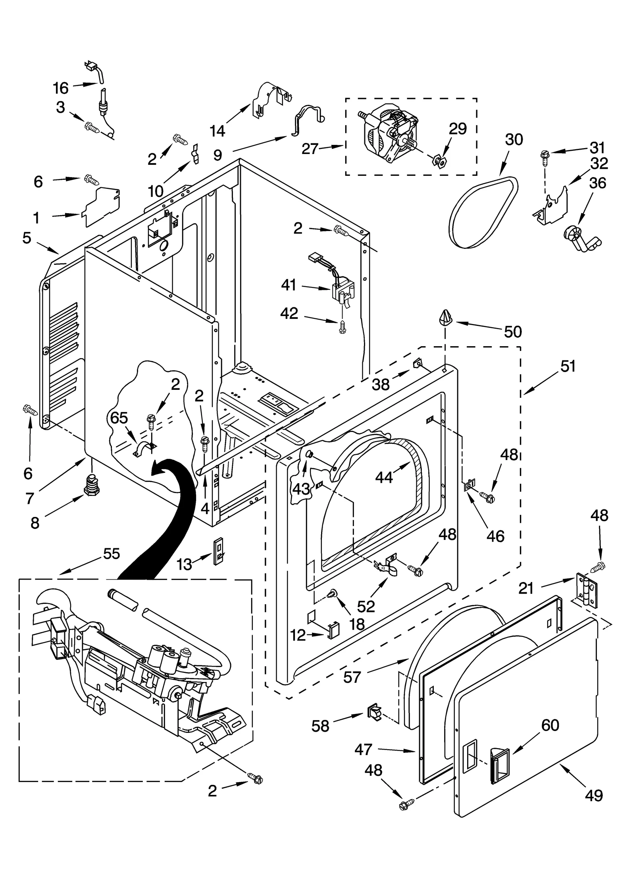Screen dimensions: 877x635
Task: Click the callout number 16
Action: pos(61,87)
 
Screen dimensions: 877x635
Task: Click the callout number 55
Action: pos(111,553)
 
